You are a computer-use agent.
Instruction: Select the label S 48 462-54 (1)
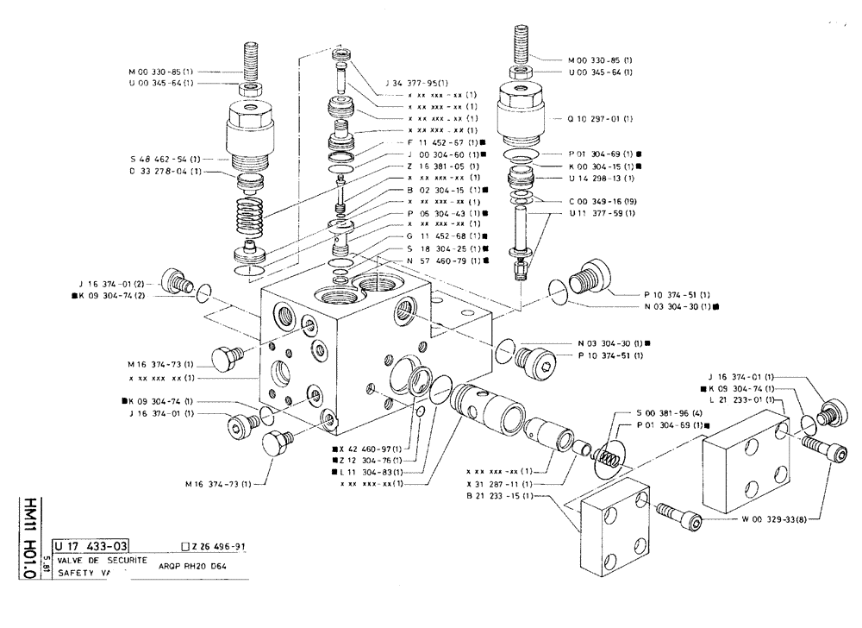coord(171,160)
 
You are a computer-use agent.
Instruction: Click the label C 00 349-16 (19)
coord(602,200)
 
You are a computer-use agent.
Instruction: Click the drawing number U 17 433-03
coord(91,546)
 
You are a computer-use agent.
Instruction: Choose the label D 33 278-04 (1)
coord(171,171)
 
